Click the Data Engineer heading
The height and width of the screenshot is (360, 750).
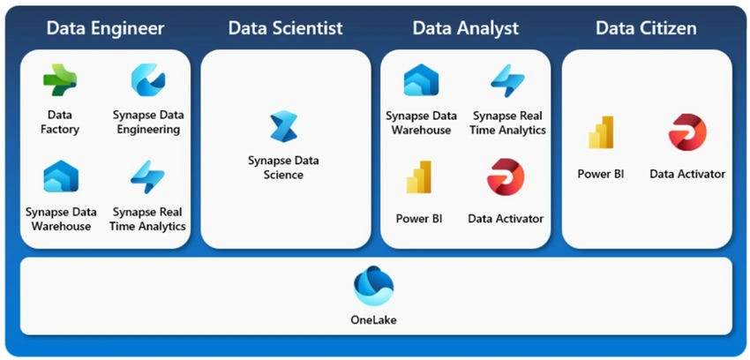click(x=105, y=28)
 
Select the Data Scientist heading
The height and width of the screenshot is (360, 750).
click(x=286, y=28)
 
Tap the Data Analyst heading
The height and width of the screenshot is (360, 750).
click(x=465, y=28)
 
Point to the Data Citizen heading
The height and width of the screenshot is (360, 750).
click(x=646, y=28)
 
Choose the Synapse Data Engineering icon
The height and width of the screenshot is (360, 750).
click(x=148, y=80)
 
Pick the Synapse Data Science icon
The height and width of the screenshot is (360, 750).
click(x=283, y=127)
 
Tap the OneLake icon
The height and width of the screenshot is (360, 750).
click(x=373, y=287)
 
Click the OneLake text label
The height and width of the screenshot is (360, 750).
click(x=373, y=319)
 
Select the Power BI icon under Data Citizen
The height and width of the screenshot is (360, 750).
click(x=601, y=132)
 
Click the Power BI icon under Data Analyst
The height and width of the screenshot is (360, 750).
click(x=419, y=176)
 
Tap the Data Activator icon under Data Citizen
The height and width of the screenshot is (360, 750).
click(x=687, y=132)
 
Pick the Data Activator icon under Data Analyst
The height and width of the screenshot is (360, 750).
click(x=506, y=176)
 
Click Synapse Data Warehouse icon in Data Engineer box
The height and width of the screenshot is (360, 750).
click(x=61, y=176)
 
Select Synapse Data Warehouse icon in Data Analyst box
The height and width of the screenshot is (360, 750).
click(x=421, y=80)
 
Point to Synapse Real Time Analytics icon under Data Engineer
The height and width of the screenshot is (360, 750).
click(x=147, y=176)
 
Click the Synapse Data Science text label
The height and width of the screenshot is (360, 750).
click(x=283, y=168)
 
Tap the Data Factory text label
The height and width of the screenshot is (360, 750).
click(x=60, y=123)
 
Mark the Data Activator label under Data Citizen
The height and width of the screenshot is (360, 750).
click(x=687, y=174)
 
